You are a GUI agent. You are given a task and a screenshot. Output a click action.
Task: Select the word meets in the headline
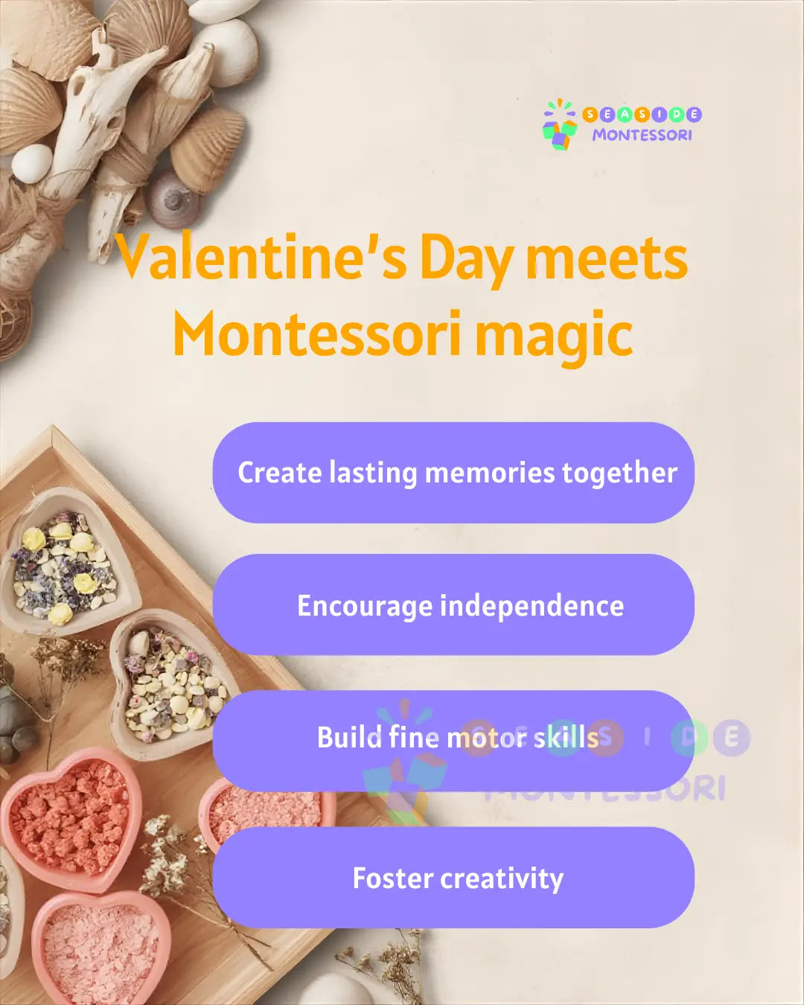pyautogui.click(x=607, y=258)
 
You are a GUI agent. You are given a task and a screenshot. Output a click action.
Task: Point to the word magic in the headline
pyautogui.click(x=554, y=336)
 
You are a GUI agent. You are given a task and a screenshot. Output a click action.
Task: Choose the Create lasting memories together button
pyautogui.click(x=453, y=473)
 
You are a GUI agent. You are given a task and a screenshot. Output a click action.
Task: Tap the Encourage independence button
pyautogui.click(x=453, y=605)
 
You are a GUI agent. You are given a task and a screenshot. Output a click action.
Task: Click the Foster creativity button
pyautogui.click(x=453, y=878)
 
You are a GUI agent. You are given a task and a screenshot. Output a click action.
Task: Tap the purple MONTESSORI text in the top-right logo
pyautogui.click(x=642, y=135)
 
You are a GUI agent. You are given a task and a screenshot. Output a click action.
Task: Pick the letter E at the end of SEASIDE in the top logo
pyautogui.click(x=694, y=114)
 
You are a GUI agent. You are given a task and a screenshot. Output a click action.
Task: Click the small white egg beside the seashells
pyautogui.click(x=32, y=162)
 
